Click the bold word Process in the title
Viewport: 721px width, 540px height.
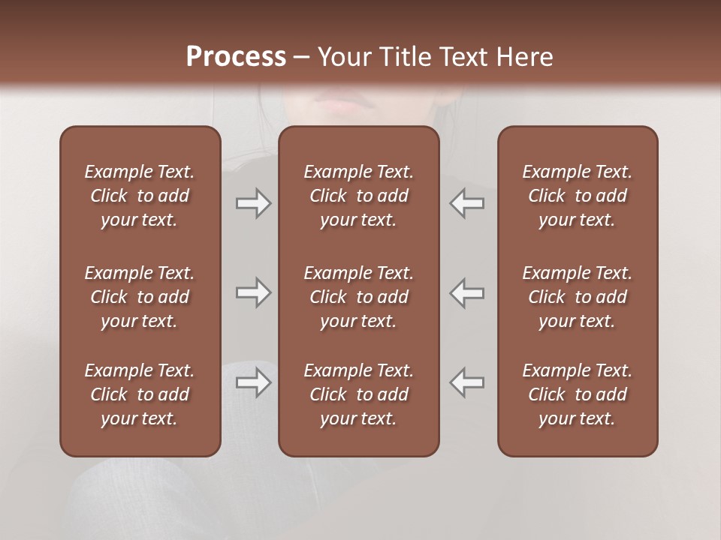point(236,57)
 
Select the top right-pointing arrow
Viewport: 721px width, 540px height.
point(253,202)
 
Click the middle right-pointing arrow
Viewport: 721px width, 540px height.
point(253,292)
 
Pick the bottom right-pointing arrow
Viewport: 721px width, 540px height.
point(253,382)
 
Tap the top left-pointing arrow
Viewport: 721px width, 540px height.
point(466,202)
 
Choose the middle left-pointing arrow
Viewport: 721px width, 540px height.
point(466,292)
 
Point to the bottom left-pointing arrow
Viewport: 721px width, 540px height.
point(466,382)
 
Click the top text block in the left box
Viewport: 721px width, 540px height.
point(140,196)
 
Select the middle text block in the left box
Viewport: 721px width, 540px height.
point(140,297)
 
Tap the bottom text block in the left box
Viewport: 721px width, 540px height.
point(140,394)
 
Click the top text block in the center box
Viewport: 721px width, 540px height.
point(358,196)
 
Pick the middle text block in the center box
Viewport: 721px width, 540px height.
point(358,297)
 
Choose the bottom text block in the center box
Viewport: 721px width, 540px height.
point(358,394)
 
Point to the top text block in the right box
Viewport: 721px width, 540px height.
point(577,196)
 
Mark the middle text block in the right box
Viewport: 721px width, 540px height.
point(577,297)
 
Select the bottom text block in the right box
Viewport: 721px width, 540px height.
point(577,394)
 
